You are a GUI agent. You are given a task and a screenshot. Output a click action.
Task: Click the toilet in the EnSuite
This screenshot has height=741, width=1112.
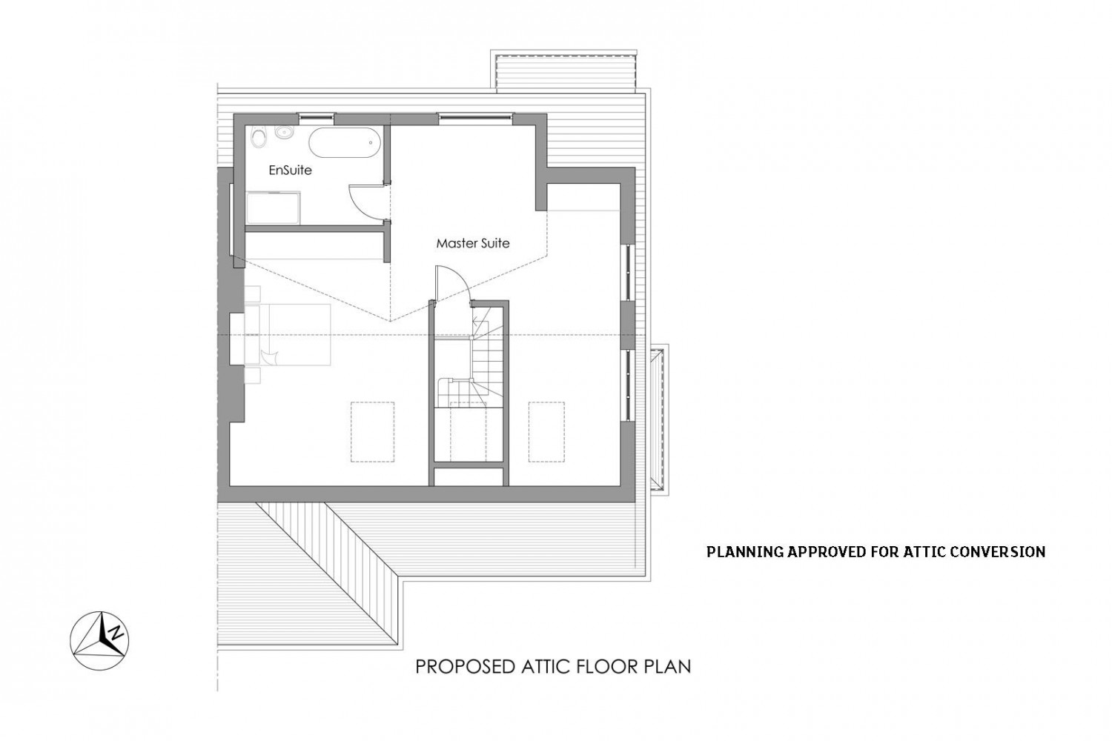click(x=258, y=136)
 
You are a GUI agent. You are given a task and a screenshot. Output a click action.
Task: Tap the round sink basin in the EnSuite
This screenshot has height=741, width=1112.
click(x=284, y=133)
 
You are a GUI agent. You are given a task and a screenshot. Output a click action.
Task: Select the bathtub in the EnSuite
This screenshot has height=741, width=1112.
click(x=345, y=142)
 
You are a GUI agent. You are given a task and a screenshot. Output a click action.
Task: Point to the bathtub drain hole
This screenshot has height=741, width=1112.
click(x=371, y=142)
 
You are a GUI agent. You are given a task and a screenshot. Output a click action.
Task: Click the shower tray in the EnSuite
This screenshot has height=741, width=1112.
click(x=274, y=208)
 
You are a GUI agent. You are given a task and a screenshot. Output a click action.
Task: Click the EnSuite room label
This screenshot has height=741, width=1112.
click(x=291, y=170)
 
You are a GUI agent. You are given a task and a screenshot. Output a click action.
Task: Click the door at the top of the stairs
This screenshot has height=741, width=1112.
click(x=451, y=284)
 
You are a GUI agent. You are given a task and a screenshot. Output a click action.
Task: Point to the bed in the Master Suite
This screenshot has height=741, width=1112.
click(x=288, y=335)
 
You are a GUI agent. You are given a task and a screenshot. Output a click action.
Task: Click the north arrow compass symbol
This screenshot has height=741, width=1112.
click(x=99, y=640)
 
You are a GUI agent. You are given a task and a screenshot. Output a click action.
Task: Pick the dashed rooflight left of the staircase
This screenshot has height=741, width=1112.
click(x=372, y=432)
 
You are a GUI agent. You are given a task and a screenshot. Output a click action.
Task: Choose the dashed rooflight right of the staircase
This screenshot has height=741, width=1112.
click(x=546, y=432)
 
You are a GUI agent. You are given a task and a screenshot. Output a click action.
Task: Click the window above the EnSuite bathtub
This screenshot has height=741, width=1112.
click(x=316, y=118)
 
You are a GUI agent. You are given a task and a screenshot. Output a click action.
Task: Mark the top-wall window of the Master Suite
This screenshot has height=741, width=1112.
click(x=475, y=118)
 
